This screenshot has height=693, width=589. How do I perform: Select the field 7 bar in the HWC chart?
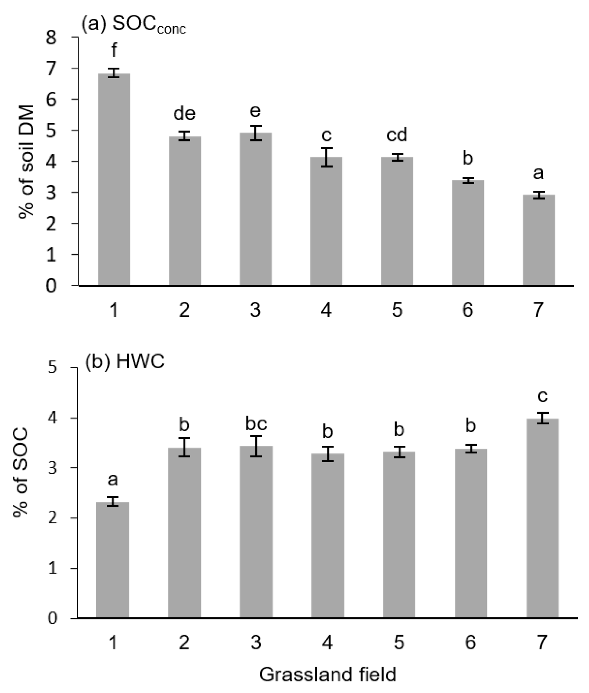tap(542, 518)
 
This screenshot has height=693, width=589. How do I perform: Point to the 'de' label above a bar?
tap(184, 114)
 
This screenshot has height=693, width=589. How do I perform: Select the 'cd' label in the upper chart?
tap(397, 135)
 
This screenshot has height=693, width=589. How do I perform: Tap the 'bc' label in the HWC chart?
tap(256, 424)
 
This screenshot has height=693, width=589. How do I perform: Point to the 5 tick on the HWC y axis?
tap(53, 368)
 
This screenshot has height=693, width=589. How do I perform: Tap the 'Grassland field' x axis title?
tap(328, 674)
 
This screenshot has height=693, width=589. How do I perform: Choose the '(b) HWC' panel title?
tap(125, 361)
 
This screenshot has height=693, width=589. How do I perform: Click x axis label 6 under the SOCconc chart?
tap(467, 310)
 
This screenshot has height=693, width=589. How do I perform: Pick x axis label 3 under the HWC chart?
tap(256, 642)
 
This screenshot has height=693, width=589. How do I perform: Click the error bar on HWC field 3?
tap(256, 446)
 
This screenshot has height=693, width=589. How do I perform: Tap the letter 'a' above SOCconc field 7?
tap(538, 173)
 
